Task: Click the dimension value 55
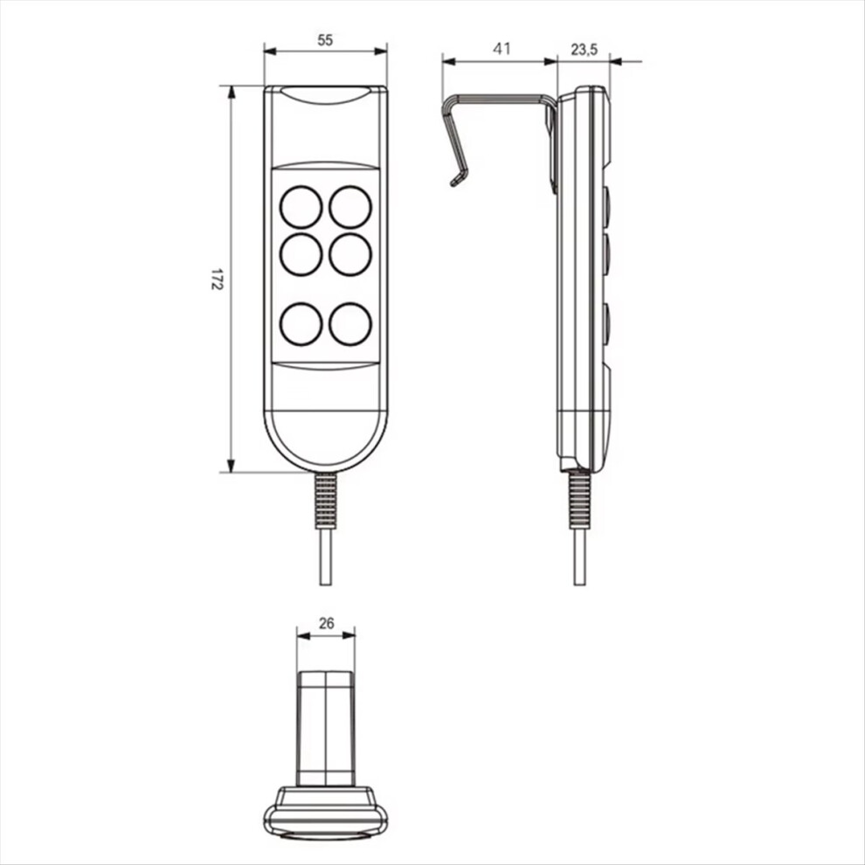[x=326, y=39]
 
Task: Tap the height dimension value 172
[x=217, y=280]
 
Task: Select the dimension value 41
[x=502, y=49]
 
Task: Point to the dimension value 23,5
[x=584, y=50]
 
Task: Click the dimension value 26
[x=327, y=623]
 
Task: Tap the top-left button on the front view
[x=301, y=207]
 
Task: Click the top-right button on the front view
[x=350, y=207]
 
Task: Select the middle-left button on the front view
[x=301, y=254]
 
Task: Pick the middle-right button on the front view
[x=350, y=254]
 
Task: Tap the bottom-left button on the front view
[x=301, y=324]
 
